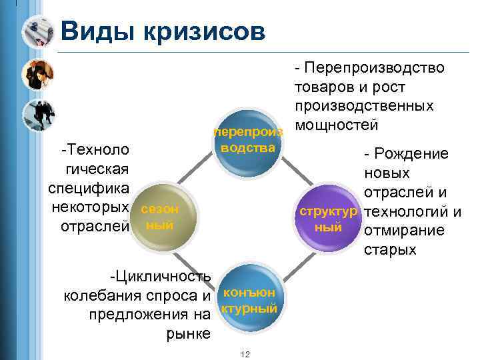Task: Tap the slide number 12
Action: pos(245,353)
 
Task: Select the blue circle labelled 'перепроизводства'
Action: pos(249,143)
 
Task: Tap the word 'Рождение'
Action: pos(411,154)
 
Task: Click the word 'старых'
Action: pos(390,251)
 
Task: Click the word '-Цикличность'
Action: pos(161,276)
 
